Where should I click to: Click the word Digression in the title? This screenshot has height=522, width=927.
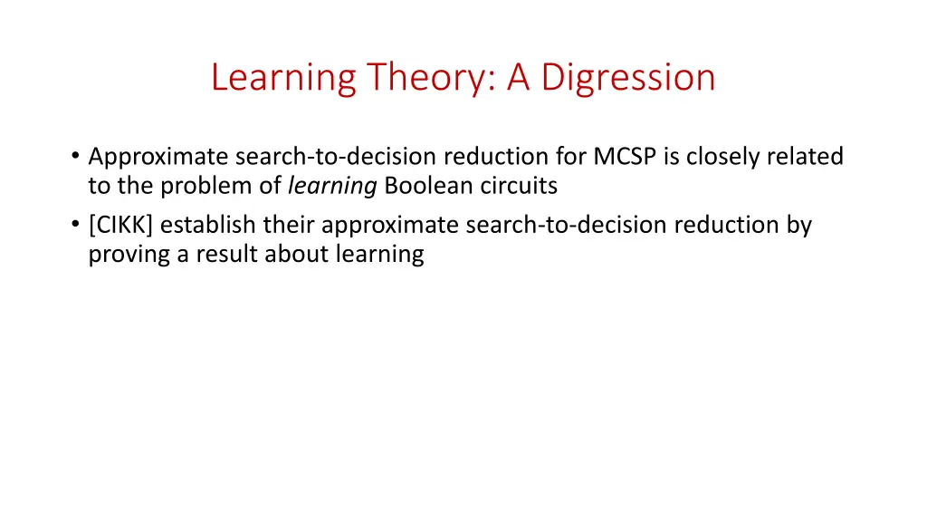coord(628,78)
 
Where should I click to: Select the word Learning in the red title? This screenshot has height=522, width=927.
coord(282,78)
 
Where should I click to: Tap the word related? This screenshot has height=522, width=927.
coord(805,157)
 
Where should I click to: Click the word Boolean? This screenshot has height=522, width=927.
coord(420,187)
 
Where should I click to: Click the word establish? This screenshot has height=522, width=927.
coord(208,224)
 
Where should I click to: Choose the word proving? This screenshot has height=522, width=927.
coord(129,255)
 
